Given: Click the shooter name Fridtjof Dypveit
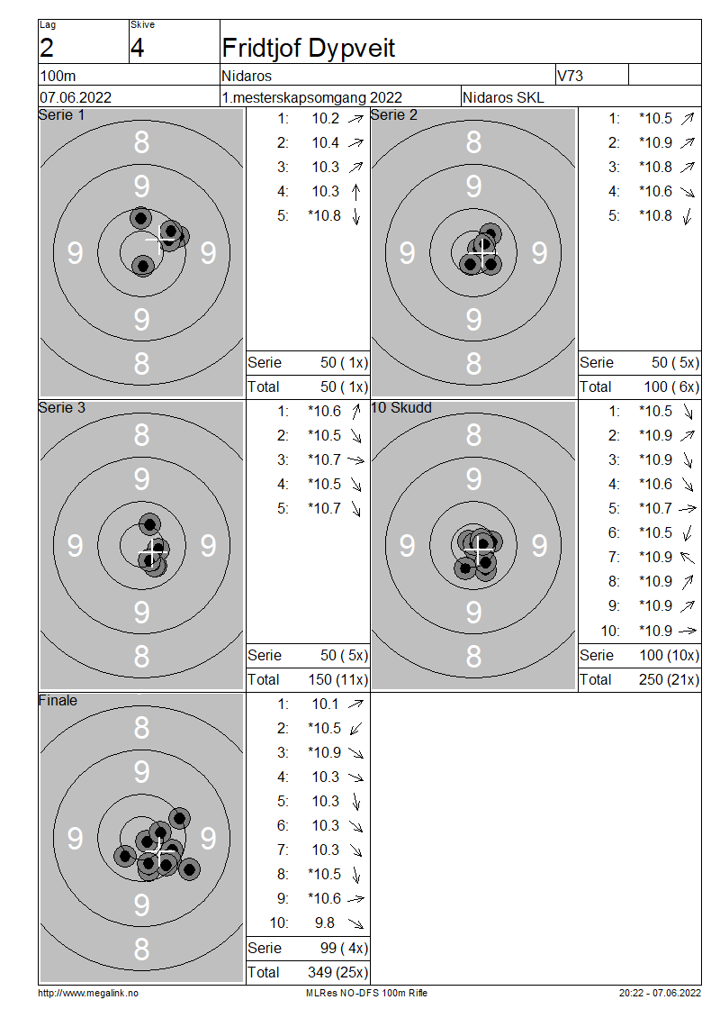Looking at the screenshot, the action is (308, 48).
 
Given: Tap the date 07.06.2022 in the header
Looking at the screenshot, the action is (76, 97).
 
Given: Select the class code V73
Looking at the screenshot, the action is (571, 76).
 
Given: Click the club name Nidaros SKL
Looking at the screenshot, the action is (503, 97).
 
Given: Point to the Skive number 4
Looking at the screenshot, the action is (137, 48).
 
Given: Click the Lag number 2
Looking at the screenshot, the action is (47, 48).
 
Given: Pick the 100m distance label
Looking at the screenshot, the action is (58, 76).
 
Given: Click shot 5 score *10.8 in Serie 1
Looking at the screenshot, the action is (324, 215).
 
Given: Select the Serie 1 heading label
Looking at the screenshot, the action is (61, 115).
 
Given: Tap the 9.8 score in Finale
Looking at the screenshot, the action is (325, 923).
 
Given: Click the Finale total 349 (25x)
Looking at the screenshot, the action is (337, 972).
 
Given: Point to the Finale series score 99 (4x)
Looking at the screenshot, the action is (345, 948).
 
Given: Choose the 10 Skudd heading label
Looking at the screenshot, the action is (401, 408).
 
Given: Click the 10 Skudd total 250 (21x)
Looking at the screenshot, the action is (670, 679).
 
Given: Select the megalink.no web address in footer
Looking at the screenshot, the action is (88, 993).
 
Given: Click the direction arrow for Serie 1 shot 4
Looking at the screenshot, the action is (355, 192).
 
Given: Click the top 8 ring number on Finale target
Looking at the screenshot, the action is (141, 727).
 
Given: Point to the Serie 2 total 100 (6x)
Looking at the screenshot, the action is (672, 387).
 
